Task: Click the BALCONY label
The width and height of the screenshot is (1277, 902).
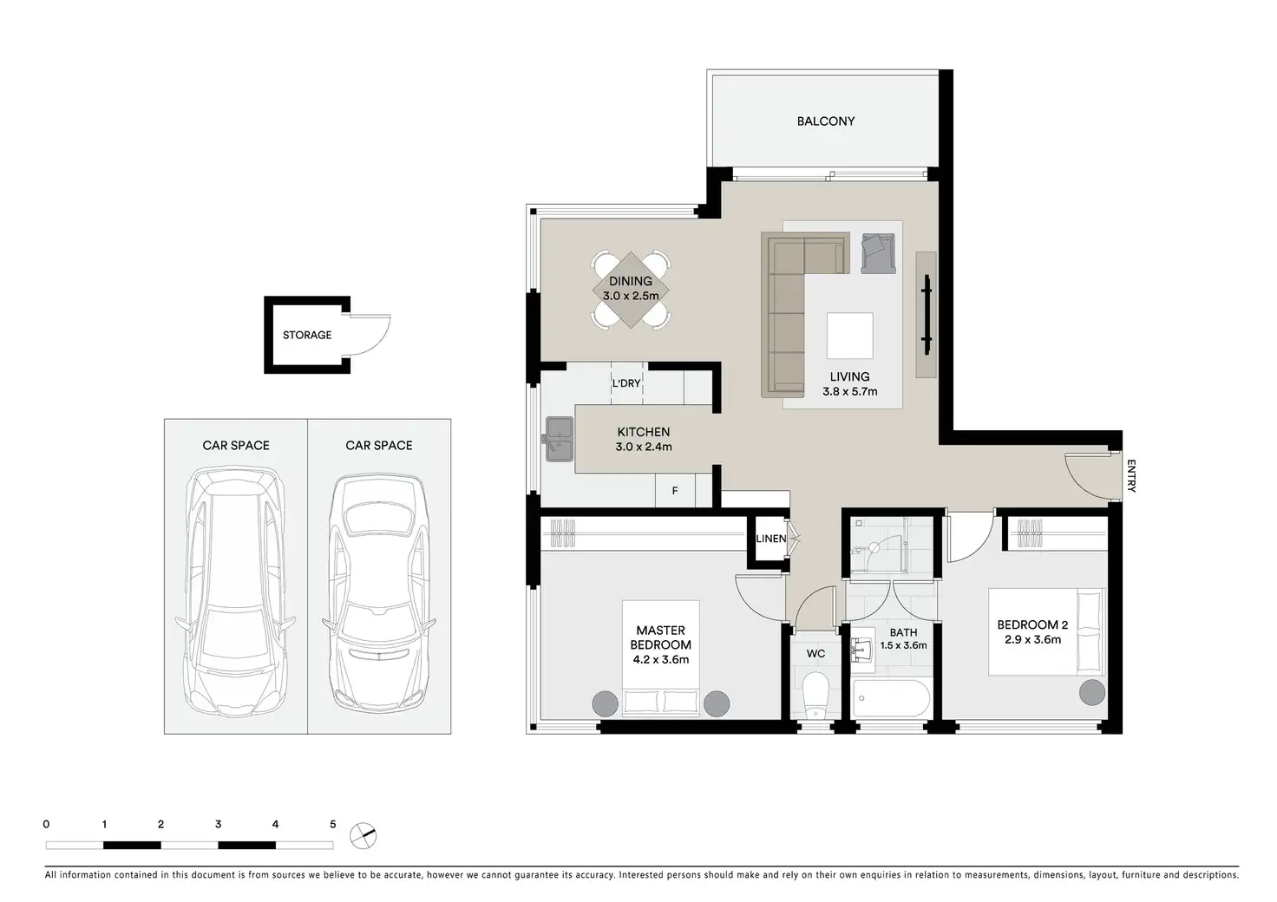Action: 826,121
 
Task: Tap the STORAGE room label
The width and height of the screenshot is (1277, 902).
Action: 307,335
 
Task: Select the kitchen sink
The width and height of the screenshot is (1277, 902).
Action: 559,439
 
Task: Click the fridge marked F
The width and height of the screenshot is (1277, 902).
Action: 675,490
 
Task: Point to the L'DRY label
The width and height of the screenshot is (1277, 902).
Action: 626,383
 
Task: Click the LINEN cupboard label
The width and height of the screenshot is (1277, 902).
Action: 770,539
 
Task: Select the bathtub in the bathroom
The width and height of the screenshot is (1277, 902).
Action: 890,698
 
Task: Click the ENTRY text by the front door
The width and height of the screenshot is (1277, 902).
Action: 1131,476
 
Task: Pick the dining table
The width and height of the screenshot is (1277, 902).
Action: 631,290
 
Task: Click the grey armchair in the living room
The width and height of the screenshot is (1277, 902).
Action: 878,253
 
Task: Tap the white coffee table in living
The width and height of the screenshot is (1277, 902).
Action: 849,336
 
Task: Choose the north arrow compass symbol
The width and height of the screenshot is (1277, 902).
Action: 363,836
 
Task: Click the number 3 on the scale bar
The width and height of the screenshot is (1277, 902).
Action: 219,824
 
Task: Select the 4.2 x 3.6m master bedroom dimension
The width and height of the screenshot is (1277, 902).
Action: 661,660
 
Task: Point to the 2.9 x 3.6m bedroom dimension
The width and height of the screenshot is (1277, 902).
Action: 1032,639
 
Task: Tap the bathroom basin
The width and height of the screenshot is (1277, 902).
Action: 862,649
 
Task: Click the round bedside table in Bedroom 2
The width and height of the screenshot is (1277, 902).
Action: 1091,692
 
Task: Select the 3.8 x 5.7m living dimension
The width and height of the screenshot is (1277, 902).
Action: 849,391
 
